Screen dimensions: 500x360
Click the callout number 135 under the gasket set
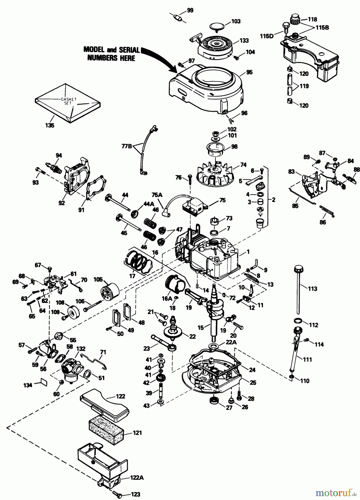pos(50,125)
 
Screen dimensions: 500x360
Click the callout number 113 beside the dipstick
pos(312,289)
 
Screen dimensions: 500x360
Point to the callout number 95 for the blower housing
pos(249,72)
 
